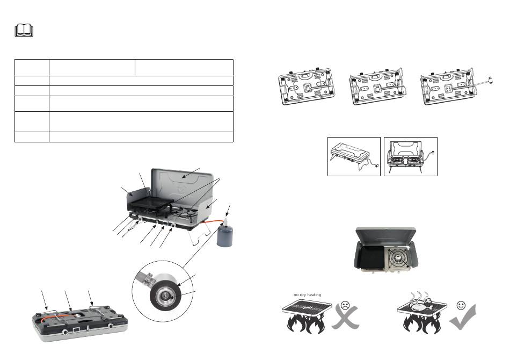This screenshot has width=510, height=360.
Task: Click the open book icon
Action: pyautogui.click(x=24, y=31)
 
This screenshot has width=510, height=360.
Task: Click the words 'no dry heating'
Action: pyautogui.click(x=307, y=294)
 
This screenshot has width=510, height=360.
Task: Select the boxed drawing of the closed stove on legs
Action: pyautogui.click(x=354, y=156)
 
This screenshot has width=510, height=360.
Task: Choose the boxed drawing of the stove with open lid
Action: pyautogui.click(x=411, y=156)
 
